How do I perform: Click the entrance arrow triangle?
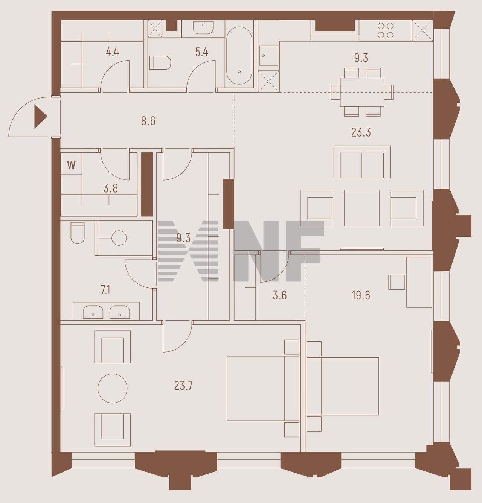pyautogui.click(x=40, y=117)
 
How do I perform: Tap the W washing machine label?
pyautogui.click(x=72, y=165)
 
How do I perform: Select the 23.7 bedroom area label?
pyautogui.click(x=183, y=386)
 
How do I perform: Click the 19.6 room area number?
pyautogui.click(x=361, y=295)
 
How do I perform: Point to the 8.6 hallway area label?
pyautogui.click(x=148, y=121)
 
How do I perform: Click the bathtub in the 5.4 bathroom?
pyautogui.click(x=239, y=56)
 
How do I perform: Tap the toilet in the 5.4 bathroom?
pyautogui.click(x=160, y=63)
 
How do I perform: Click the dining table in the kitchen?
pyautogui.click(x=362, y=92)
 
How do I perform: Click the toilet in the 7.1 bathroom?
pyautogui.click(x=77, y=233)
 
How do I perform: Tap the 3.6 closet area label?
pyautogui.click(x=280, y=295)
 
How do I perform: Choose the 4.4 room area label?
pyautogui.click(x=112, y=52)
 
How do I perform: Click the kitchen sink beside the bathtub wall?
pyautogui.click(x=269, y=56)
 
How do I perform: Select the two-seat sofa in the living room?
pyautogui.click(x=362, y=162)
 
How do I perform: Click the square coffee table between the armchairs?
pyautogui.click(x=362, y=208)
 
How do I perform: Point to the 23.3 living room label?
pyautogui.click(x=361, y=132)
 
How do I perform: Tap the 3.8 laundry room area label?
pyautogui.click(x=111, y=188)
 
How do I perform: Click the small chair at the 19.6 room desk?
pyautogui.click(x=397, y=282)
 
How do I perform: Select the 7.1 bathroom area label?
pyautogui.click(x=105, y=290)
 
